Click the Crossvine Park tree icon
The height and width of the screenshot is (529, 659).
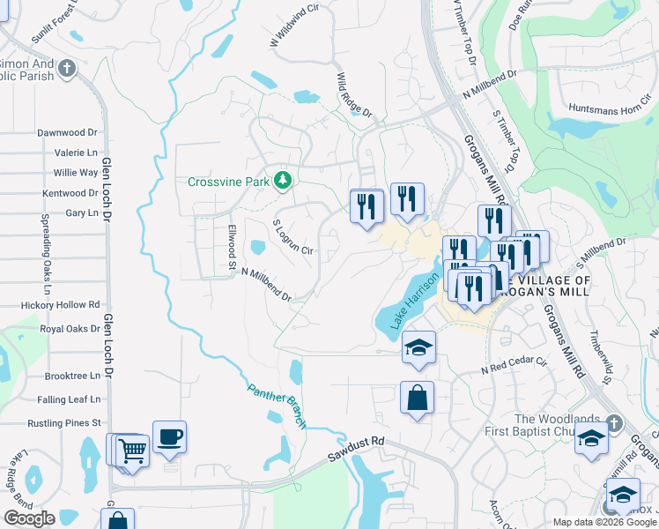pyautogui.click(x=283, y=182)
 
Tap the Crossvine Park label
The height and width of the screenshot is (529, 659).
pyautogui.click(x=229, y=183)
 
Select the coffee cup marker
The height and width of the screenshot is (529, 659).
pyautogui.click(x=169, y=436)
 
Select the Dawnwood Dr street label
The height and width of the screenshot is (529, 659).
pyautogui.click(x=67, y=132)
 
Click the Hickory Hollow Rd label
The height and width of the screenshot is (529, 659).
pyautogui.click(x=55, y=305)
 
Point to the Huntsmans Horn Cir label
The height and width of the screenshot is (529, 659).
pyautogui.click(x=606, y=109)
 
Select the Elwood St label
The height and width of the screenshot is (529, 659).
pyautogui.click(x=233, y=247)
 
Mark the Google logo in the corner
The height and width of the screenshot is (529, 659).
pyautogui.click(x=29, y=518)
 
